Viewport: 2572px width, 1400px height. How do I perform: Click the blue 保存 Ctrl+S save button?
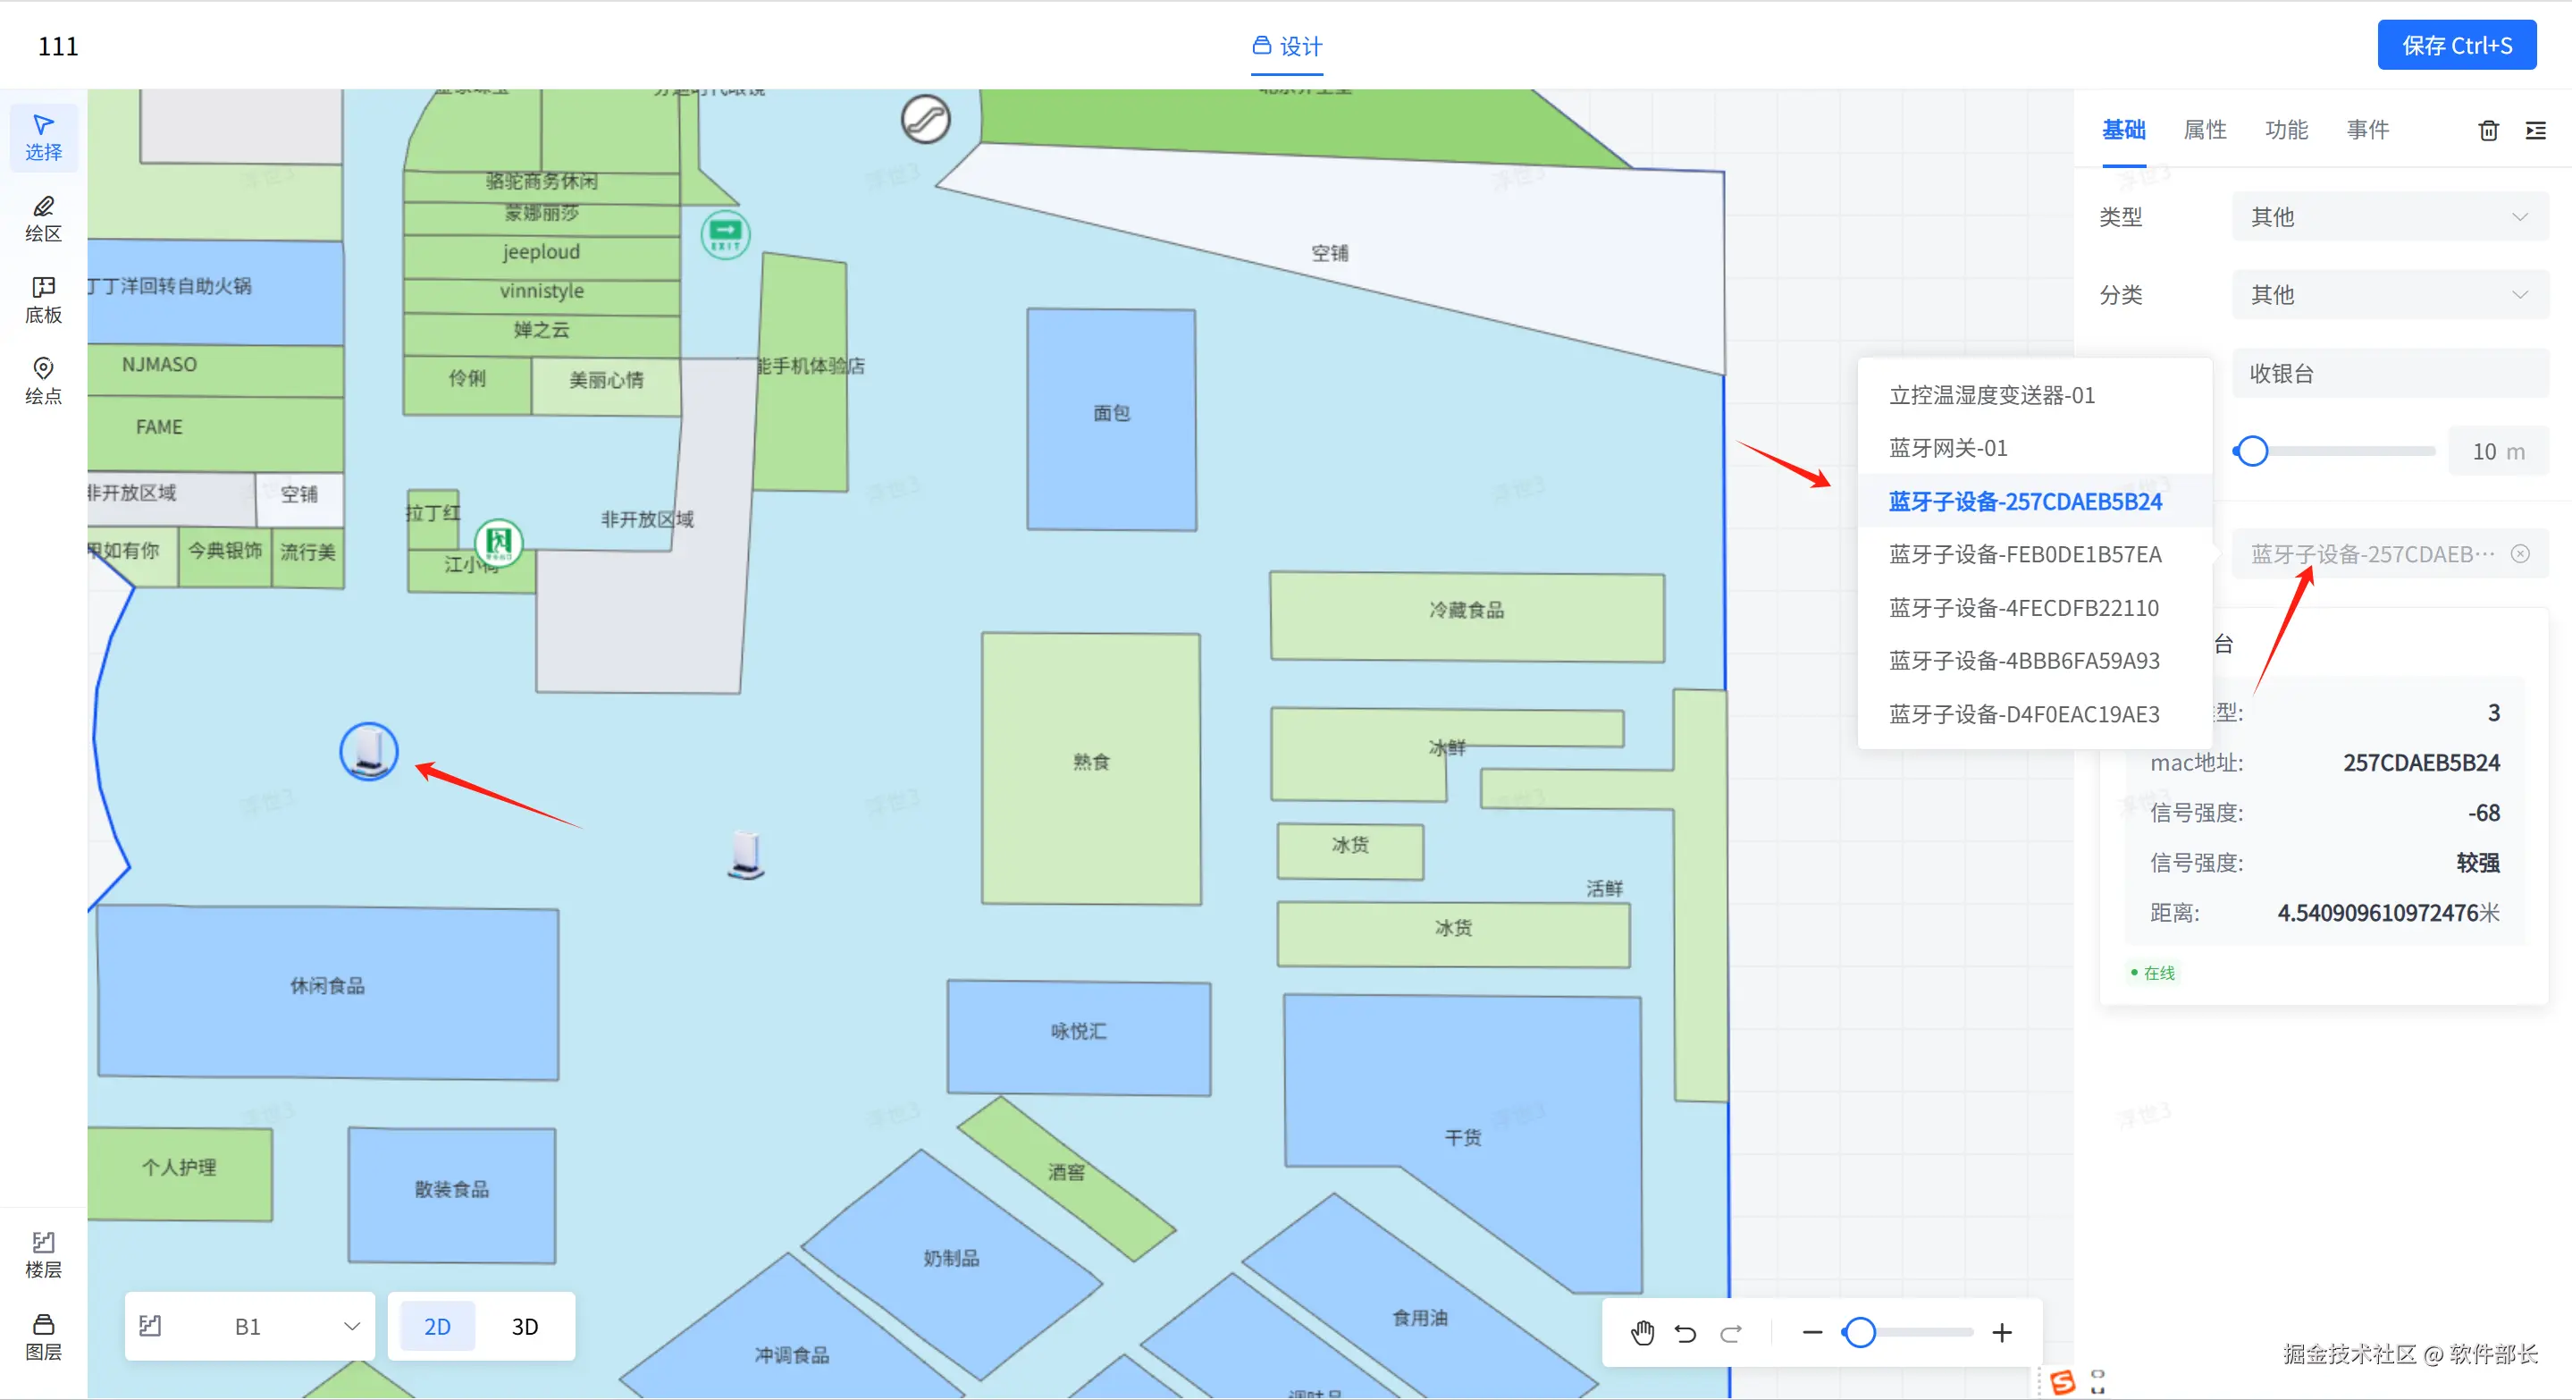pos(2456,46)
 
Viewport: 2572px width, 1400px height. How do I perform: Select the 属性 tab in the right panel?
pos(2205,130)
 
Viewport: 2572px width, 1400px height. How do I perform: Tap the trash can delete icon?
pos(2488,131)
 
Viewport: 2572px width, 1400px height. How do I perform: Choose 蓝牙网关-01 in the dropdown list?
pos(1948,449)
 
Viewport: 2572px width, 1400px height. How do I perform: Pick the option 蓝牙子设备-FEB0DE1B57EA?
pos(2025,554)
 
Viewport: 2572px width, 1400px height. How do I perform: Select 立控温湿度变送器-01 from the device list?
pos(1992,395)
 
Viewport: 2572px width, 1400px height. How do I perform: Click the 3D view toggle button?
pos(525,1326)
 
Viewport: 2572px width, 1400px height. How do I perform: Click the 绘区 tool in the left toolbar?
pos(43,219)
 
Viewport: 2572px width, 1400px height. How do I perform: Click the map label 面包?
pos(1111,413)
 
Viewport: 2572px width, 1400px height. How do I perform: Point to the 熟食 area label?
pos(1091,762)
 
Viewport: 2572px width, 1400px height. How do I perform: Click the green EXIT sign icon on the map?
pos(726,233)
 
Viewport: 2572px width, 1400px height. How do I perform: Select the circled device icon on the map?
pos(369,751)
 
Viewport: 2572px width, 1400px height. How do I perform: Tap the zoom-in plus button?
pos(2001,1332)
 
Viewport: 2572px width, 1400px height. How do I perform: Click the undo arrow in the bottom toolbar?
pos(1685,1332)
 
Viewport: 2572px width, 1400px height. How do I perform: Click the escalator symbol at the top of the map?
pos(926,120)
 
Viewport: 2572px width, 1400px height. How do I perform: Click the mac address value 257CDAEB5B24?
pos(2421,763)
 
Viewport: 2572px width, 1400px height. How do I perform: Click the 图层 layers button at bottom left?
pos(43,1337)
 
